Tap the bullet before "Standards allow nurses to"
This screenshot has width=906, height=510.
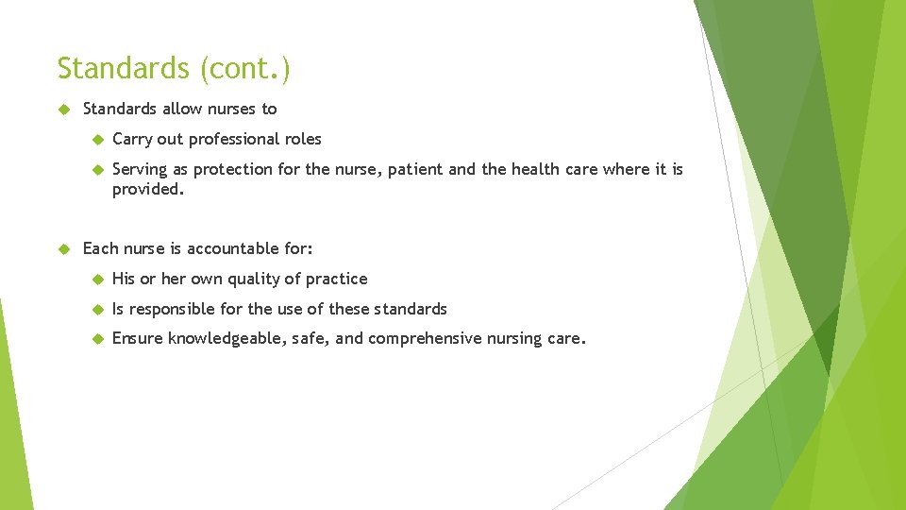[64, 110]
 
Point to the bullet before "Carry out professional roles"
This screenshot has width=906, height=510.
[95, 140]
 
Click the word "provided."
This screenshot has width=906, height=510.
[147, 189]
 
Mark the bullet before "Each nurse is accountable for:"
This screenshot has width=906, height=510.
[64, 249]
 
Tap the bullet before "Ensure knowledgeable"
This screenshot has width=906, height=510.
[95, 339]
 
